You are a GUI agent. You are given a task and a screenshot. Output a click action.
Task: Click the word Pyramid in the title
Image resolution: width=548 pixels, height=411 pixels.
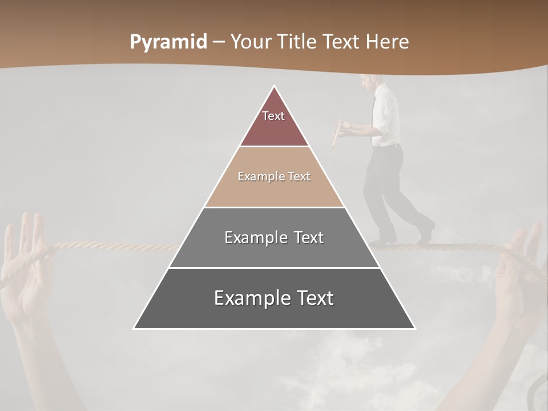coord(168,42)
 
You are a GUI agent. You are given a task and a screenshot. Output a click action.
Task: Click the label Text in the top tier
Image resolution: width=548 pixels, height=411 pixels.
coord(273,116)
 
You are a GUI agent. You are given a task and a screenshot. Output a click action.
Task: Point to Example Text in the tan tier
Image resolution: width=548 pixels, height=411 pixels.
coord(274,176)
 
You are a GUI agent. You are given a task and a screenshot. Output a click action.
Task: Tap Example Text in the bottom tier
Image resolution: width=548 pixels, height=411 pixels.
coord(274,298)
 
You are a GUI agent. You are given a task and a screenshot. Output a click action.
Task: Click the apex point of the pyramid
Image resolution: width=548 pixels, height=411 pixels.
coord(275,87)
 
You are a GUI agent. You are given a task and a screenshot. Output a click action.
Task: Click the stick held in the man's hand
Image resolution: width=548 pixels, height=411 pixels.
coord(337,134)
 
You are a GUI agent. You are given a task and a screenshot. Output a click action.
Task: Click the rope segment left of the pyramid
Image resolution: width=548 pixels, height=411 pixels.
coord(114,247)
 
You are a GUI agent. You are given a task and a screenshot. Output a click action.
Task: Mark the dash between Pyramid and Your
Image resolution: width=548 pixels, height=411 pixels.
coord(219,42)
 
